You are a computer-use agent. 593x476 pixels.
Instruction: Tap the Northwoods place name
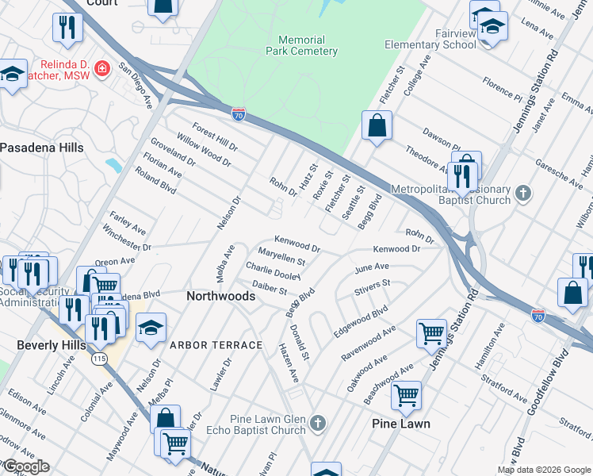[x=220, y=296]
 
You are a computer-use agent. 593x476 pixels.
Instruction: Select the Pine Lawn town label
[x=401, y=424]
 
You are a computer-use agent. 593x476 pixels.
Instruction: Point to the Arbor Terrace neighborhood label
[x=215, y=345]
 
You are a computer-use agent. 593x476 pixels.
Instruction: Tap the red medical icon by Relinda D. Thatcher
[x=101, y=70]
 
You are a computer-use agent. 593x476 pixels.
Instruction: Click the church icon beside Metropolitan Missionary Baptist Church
[x=522, y=193]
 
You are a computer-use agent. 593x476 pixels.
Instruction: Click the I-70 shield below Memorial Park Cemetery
[x=238, y=114]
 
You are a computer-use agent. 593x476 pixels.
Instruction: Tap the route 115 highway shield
[x=98, y=359]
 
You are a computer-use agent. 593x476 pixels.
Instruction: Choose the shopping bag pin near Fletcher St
[x=377, y=125]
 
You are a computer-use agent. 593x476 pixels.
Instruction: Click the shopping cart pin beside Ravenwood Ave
[x=431, y=333]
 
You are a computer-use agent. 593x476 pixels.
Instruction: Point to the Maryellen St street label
[x=282, y=259]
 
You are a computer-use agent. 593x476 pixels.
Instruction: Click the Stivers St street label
[x=373, y=283]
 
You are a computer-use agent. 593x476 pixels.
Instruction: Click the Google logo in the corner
[x=25, y=466]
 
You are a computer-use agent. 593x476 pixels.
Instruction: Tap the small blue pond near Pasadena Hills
[x=113, y=165]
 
